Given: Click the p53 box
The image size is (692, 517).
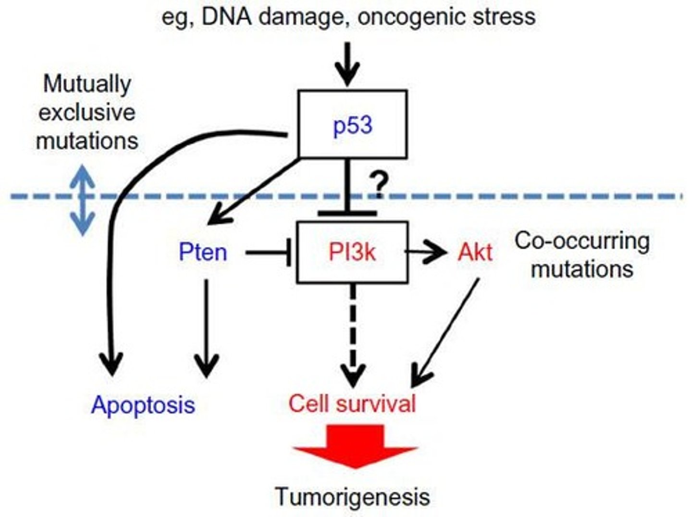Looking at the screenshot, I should [353, 124].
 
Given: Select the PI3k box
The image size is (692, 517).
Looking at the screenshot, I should [352, 252].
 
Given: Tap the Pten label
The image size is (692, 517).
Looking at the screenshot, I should [202, 252].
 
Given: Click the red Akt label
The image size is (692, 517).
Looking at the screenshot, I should [475, 252].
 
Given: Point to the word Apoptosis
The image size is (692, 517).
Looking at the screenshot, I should [143, 405].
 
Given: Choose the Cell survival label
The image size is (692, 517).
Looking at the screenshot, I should [352, 403].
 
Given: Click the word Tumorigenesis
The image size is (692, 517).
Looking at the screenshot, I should [352, 496].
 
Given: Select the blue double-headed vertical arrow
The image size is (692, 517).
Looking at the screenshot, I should [83, 200].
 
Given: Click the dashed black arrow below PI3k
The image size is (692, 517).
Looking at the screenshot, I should [353, 336].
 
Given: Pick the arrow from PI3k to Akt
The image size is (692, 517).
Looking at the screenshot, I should [428, 252].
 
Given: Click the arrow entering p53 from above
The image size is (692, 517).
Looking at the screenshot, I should [348, 65].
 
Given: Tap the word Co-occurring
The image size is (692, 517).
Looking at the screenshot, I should [582, 241].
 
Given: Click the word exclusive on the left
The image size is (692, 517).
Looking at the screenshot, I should [87, 113].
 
